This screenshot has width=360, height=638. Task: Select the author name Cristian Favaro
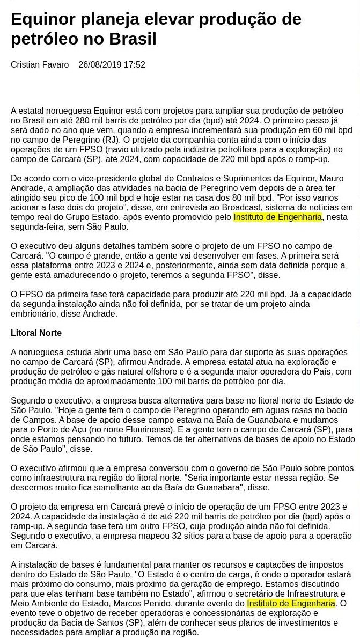(40, 65)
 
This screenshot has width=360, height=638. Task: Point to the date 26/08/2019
(99, 65)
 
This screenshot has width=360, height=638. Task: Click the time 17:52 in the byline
(135, 65)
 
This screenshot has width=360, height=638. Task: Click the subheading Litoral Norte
(36, 333)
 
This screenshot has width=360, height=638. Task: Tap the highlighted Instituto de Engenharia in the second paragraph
(277, 217)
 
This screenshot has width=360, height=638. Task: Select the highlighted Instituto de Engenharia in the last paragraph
(291, 603)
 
